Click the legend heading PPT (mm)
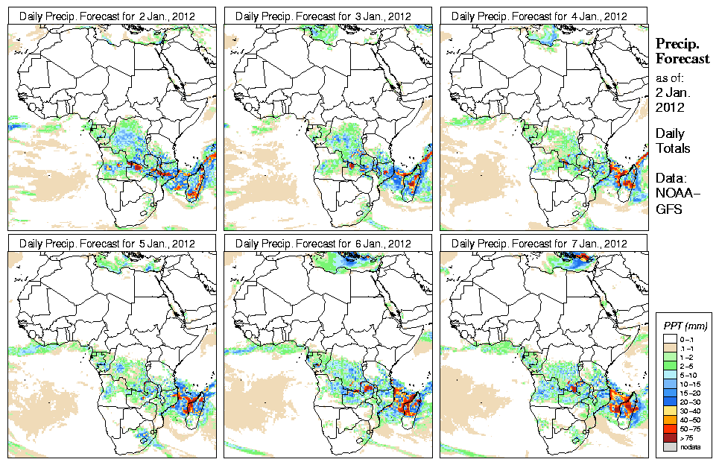(x=685, y=326)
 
